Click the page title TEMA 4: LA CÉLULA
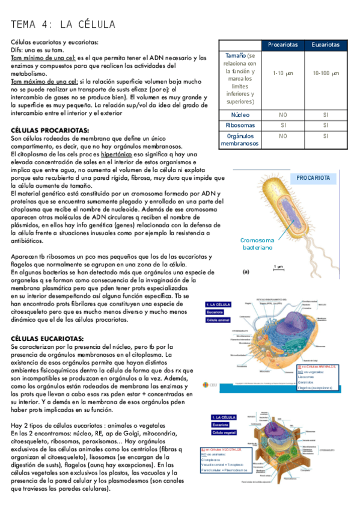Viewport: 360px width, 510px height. tap(63, 24)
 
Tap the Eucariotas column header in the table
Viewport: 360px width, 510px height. tap(325, 45)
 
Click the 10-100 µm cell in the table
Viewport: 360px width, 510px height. tap(325, 73)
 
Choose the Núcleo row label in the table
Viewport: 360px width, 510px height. tap(240, 114)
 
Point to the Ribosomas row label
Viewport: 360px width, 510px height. tap(240, 125)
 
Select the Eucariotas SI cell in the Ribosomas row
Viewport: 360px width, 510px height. tap(325, 125)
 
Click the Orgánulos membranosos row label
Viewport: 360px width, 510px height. tap(240, 140)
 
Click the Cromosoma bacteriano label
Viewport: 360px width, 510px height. tap(258, 244)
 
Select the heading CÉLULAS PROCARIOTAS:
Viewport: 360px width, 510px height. tap(50, 130)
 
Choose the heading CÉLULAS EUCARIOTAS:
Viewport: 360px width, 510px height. tap(47, 339)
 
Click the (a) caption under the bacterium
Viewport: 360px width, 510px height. tap(245, 272)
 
